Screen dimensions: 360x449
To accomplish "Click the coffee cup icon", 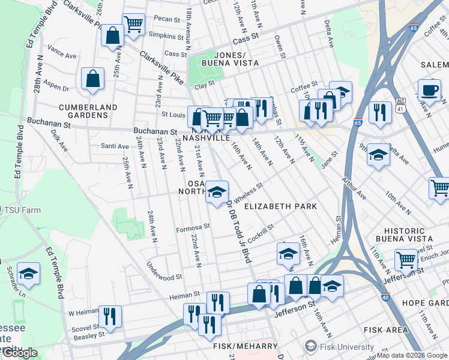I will click(x=429, y=90).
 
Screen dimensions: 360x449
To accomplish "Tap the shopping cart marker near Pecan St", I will click(x=133, y=25).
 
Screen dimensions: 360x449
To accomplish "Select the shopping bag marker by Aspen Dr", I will click(x=93, y=79).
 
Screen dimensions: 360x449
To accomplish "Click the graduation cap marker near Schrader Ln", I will click(x=28, y=274).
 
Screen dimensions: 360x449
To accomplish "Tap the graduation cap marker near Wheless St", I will click(x=217, y=192).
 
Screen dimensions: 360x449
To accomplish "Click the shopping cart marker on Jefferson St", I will click(x=406, y=261).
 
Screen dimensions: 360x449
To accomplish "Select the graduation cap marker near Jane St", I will click(x=378, y=155).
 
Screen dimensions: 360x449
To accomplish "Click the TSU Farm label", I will click(x=20, y=210).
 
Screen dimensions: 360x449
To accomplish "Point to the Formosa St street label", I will click(x=192, y=228).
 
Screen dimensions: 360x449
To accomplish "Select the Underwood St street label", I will click(x=163, y=277).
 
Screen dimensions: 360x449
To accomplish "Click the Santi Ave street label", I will click(x=115, y=146).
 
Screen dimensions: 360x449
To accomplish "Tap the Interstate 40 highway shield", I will click(x=384, y=296).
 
